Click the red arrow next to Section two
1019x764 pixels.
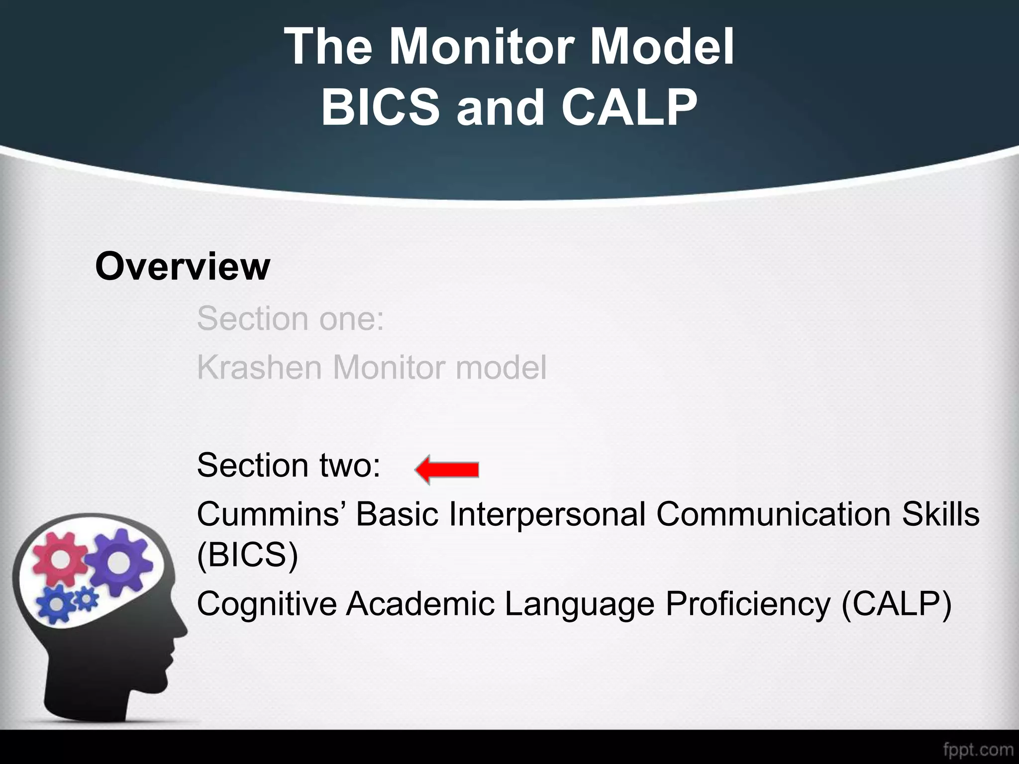pyautogui.click(x=446, y=470)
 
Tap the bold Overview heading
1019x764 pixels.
pyautogui.click(x=182, y=267)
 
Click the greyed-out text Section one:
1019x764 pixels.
pyautogui.click(x=291, y=318)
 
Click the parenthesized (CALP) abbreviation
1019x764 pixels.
pyautogui.click(x=896, y=604)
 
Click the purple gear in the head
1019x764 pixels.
pyautogui.click(x=117, y=561)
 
